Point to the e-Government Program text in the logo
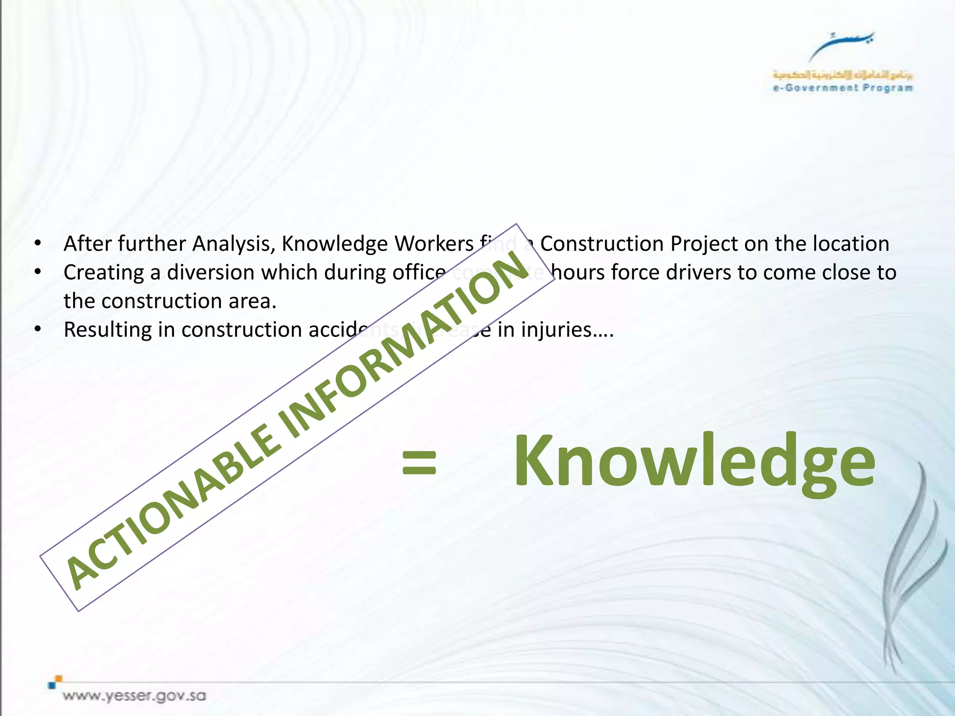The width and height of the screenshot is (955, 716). tap(843, 88)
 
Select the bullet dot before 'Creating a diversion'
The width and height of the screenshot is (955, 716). tap(38, 272)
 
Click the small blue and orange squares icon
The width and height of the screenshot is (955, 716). tap(55, 682)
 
